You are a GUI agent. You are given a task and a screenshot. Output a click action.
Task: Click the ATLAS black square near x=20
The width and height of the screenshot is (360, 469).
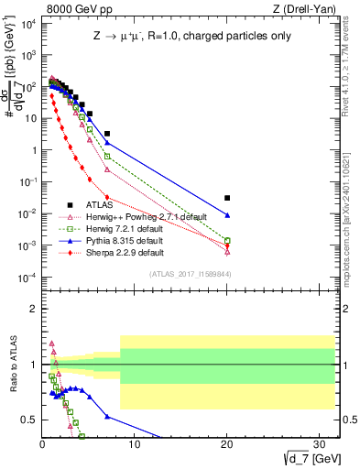click(227, 198)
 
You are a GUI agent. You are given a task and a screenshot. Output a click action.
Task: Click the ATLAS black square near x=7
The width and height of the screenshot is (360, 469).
click(107, 134)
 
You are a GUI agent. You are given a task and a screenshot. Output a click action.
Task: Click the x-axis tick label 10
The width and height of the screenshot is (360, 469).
click(135, 443)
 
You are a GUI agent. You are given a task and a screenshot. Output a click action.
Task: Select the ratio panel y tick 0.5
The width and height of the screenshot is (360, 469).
click(29, 420)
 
